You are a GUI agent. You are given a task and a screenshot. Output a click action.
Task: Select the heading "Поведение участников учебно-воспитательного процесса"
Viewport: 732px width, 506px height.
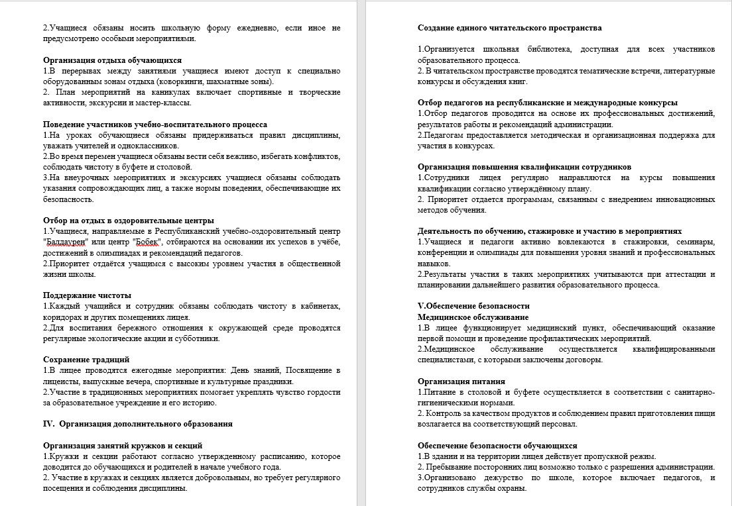tap(155, 124)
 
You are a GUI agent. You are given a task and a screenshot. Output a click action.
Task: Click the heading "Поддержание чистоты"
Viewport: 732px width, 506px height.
tap(87, 295)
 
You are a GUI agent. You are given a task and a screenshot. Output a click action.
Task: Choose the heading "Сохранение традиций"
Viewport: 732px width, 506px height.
tap(87, 359)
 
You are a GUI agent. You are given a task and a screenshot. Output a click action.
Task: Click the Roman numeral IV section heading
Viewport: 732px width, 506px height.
tap(137, 423)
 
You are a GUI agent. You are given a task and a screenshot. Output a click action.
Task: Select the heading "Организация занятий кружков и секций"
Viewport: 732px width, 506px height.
tap(123, 445)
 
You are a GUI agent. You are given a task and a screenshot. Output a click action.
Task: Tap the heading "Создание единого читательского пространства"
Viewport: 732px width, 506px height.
tap(510, 28)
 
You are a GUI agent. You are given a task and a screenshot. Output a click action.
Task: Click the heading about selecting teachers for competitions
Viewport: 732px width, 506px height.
tap(548, 103)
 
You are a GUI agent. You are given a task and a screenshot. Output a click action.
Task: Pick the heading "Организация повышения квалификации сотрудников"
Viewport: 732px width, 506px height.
tap(524, 167)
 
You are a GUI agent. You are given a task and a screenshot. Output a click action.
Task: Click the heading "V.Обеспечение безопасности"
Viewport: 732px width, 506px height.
tap(473, 306)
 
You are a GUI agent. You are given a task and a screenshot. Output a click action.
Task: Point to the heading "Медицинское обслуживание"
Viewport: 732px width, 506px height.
tap(473, 317)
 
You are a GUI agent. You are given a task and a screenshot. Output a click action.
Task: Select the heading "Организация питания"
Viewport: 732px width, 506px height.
tap(461, 381)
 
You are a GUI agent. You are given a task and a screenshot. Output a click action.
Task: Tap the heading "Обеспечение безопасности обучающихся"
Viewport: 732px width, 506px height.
tap(497, 445)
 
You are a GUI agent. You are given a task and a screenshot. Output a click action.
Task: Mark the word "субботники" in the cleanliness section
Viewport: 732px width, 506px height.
tap(197, 338)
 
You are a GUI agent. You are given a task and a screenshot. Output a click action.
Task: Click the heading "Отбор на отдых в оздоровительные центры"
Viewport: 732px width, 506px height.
tap(129, 221)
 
